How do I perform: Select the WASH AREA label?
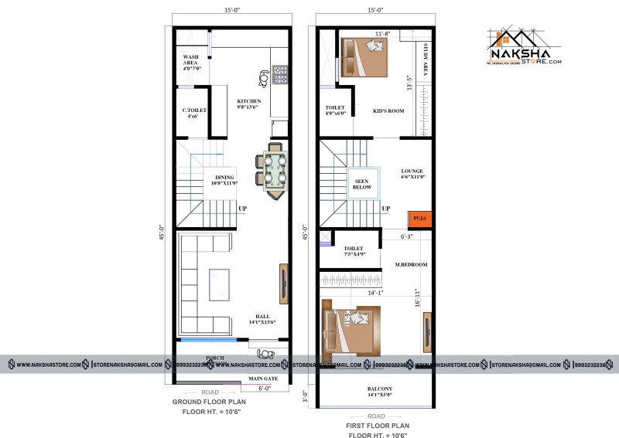click(192, 63)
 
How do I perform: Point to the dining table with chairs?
click(274, 170)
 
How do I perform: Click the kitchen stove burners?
click(279, 75)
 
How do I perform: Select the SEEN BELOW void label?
click(362, 183)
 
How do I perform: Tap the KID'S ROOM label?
click(388, 110)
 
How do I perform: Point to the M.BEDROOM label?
click(411, 265)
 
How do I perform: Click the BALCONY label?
click(380, 392)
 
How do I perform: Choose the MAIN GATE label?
click(263, 379)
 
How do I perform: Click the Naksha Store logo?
click(524, 50)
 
